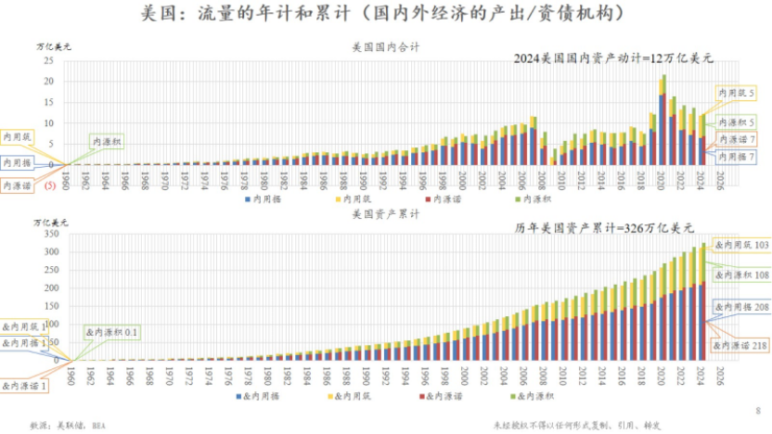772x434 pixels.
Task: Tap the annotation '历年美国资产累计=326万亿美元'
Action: (x=604, y=227)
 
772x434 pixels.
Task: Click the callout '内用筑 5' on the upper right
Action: (x=735, y=94)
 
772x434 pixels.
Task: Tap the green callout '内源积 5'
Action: (x=735, y=121)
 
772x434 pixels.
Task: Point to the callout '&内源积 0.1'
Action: (x=111, y=331)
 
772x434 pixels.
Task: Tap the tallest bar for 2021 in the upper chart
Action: (x=663, y=121)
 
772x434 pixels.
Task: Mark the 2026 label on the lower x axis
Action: (x=720, y=375)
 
